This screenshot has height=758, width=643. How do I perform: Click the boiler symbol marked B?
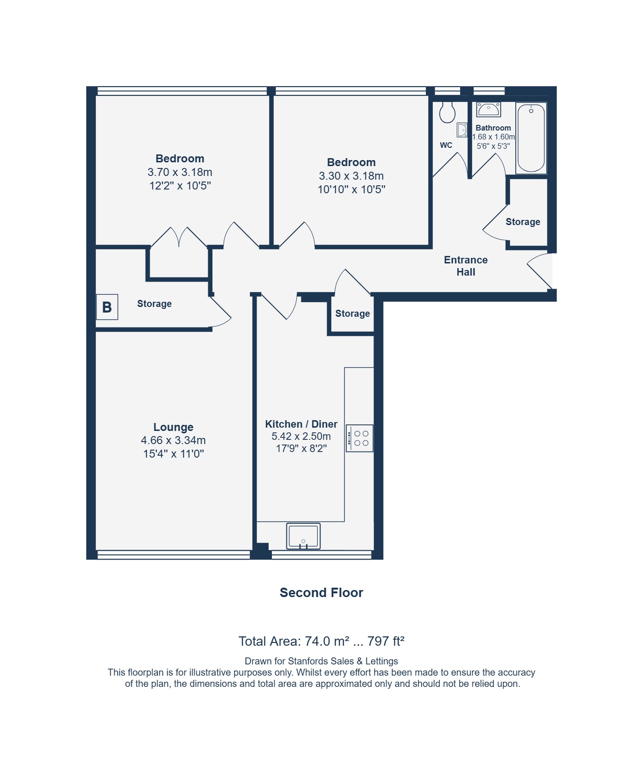(107, 307)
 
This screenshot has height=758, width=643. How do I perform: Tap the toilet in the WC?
(447, 112)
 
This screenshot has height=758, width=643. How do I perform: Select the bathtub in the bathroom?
(531, 138)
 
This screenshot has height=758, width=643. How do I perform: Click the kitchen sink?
(303, 536)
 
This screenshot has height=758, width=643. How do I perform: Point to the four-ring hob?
(359, 438)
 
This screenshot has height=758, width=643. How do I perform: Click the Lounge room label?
(173, 427)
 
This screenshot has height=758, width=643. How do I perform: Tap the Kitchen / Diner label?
(301, 424)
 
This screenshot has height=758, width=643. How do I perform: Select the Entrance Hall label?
(466, 266)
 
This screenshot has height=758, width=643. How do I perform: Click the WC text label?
(446, 145)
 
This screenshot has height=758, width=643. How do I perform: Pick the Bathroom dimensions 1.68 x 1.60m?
(493, 137)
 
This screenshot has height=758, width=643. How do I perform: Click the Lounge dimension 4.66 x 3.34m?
(173, 440)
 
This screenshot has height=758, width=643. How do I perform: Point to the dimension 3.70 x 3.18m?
(180, 172)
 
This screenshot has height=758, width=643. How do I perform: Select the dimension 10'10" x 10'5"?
(351, 189)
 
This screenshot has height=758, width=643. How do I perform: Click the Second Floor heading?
(321, 592)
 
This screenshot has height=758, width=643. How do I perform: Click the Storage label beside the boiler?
(154, 304)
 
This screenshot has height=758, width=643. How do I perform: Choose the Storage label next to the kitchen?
(352, 313)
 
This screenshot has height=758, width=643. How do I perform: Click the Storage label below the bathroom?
(523, 222)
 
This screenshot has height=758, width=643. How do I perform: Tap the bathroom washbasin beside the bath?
(489, 109)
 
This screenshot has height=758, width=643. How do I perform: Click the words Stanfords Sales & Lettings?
(343, 661)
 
